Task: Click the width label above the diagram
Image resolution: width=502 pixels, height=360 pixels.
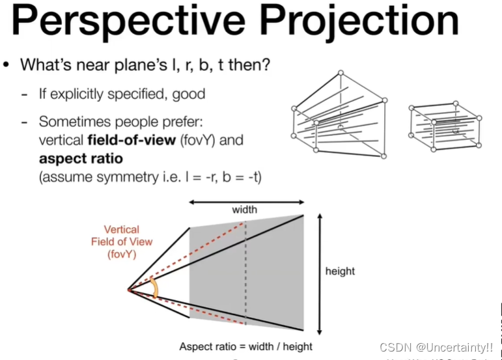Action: click(x=245, y=210)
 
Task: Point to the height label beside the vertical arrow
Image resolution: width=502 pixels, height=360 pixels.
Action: click(x=340, y=271)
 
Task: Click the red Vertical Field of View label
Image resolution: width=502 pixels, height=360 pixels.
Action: click(x=122, y=242)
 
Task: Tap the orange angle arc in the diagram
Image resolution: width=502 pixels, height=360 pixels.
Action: click(x=154, y=288)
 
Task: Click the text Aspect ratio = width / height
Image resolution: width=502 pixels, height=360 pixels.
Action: click(x=246, y=346)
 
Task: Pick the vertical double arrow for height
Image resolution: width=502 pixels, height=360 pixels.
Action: click(x=318, y=274)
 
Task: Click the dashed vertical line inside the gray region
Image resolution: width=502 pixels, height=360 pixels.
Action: click(x=245, y=273)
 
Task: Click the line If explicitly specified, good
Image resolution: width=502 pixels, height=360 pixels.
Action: click(x=122, y=94)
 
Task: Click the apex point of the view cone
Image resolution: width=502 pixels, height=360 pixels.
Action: click(x=128, y=288)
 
